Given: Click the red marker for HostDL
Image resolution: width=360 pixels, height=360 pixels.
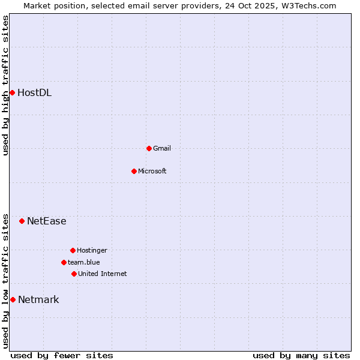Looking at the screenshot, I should (12, 92).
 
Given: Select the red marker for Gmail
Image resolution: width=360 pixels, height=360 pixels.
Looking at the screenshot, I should (149, 148).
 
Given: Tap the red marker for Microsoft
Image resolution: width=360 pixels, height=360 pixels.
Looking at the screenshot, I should (134, 171).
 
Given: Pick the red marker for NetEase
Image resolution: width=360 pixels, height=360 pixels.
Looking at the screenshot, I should (22, 221).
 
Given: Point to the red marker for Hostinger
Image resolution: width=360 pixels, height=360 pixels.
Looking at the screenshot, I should (73, 250).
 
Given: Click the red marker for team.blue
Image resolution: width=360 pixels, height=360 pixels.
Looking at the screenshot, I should (64, 262).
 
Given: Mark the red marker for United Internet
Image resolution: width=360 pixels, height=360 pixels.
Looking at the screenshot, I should (74, 274).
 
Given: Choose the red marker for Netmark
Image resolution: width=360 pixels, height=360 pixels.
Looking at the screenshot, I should (13, 299).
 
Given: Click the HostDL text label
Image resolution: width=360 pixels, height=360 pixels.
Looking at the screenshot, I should (34, 92).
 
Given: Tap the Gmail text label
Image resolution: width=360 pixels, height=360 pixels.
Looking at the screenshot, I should (161, 148).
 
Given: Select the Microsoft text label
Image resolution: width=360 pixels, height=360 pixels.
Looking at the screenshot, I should (152, 171).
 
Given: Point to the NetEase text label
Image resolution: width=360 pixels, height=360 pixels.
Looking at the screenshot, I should (46, 221).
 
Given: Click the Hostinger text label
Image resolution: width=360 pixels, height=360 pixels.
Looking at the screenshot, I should (92, 250).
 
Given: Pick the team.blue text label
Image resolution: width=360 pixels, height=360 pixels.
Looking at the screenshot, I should (83, 262).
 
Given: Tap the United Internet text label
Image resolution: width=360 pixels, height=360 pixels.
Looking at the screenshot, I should (102, 274).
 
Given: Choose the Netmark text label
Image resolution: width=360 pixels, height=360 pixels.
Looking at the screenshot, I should (38, 299).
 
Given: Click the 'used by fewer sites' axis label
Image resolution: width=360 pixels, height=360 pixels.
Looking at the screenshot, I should (62, 355).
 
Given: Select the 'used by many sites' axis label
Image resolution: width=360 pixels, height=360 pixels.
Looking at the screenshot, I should (301, 355).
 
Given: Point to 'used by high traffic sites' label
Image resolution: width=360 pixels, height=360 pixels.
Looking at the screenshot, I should (5, 85).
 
